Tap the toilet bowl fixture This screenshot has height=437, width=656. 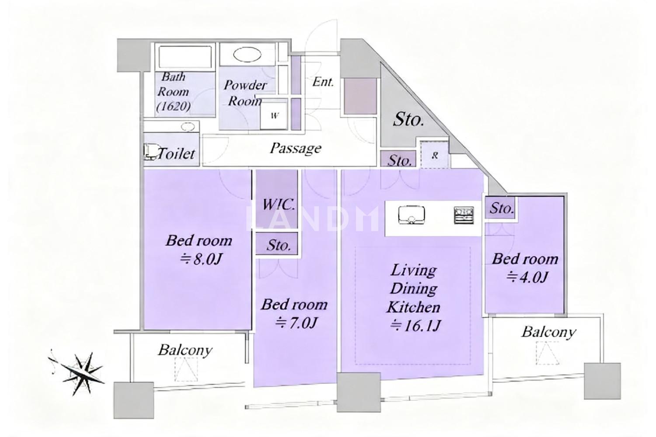[151, 152]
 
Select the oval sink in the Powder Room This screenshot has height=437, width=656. [247, 55]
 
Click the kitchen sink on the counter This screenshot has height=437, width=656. [412, 215]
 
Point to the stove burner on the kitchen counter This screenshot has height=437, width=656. [464, 215]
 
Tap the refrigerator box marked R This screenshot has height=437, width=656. [435, 155]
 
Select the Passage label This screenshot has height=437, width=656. [295, 149]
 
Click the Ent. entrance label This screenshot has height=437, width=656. [323, 82]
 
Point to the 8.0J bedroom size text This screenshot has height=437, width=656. [201, 259]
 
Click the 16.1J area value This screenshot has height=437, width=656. [415, 325]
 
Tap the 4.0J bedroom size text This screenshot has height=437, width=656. [527, 277]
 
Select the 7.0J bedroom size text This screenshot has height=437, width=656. [296, 323]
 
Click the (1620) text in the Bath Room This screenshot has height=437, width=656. [173, 106]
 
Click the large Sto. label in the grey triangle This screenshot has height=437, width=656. [408, 119]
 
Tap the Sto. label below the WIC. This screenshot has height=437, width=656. [279, 245]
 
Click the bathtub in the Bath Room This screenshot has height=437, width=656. [185, 57]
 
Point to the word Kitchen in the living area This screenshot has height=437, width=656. [413, 307]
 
